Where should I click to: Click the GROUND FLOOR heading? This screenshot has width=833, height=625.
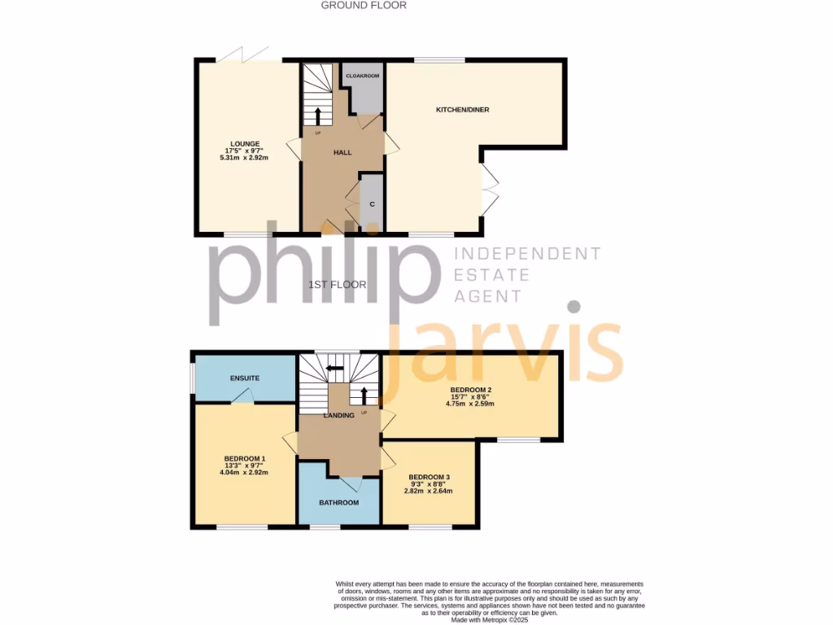(x=364, y=5)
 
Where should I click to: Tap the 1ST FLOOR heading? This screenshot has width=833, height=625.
(x=338, y=285)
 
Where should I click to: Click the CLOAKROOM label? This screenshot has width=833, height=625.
(x=363, y=76)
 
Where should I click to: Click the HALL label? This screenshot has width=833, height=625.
(x=342, y=152)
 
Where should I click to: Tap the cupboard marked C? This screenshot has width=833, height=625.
(x=372, y=204)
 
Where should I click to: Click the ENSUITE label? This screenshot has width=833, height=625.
(x=244, y=378)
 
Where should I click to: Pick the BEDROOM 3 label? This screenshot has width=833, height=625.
(x=429, y=477)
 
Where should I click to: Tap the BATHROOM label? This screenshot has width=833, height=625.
(x=338, y=502)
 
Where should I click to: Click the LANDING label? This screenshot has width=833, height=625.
(x=338, y=416)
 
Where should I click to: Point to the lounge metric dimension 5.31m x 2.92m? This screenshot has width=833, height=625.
(x=243, y=158)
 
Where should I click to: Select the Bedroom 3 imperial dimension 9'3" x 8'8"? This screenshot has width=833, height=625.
(x=429, y=484)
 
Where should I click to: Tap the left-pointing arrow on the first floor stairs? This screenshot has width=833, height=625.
(x=332, y=368)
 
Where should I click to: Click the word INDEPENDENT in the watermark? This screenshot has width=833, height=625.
(x=526, y=254)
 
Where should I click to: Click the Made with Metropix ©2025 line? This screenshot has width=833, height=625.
(x=490, y=620)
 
